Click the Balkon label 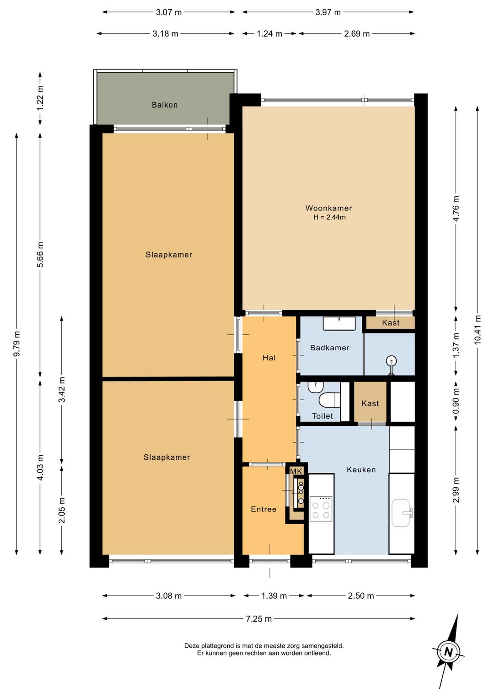coord(165,105)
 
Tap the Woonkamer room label coord(328,208)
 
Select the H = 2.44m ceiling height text coord(329,217)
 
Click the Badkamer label coord(330,348)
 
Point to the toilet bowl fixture coord(329,400)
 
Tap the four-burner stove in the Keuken coord(321,509)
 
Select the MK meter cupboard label coord(296,472)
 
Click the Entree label coord(263,509)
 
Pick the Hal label coord(269,357)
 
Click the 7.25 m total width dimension coord(259,618)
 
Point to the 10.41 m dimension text coord(478,329)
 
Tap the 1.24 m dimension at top coord(269,34)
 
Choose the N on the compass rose coord(449,652)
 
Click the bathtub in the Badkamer coord(339,323)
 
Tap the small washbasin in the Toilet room coord(316,387)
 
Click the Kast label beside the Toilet coord(370,403)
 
